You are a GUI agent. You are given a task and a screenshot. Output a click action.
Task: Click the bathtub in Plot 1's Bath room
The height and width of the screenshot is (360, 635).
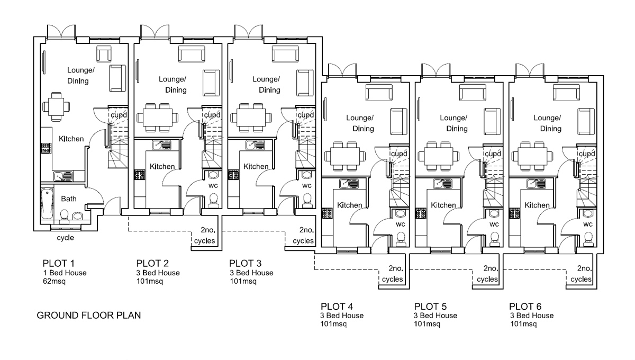tap(47, 205)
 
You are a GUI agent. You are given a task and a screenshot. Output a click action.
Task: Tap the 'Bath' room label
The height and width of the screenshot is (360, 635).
tap(69, 199)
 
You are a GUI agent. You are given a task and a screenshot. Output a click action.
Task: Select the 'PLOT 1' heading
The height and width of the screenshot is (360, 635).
tap(60, 263)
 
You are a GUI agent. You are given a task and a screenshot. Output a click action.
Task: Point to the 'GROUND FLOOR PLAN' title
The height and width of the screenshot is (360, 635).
tap(88, 316)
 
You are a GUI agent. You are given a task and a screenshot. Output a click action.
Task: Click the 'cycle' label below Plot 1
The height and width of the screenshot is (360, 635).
tap(66, 238)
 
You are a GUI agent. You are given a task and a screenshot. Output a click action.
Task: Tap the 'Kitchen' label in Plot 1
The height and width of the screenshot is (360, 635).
tap(71, 139)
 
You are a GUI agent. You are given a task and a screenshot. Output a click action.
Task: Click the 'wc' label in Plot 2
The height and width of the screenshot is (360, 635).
tap(213, 186)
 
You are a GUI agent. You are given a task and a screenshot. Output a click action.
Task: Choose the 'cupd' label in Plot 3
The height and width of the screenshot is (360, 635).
tap(305, 115)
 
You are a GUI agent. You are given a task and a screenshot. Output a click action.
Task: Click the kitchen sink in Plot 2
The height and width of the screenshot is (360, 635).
tap(160, 144)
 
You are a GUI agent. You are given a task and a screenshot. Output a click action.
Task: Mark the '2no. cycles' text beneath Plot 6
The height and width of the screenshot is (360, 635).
tap(580, 273)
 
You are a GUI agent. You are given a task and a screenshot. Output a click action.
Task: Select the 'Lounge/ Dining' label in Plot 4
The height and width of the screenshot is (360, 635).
tap(360, 123)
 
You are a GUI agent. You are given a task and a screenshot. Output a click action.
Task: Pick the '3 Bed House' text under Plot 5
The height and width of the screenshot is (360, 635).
tap(436, 316)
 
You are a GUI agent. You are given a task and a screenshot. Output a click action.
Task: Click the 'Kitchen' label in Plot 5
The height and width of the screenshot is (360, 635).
tap(443, 205)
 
